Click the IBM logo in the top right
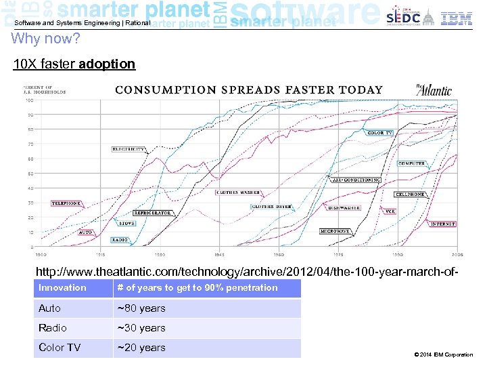[x=457, y=18]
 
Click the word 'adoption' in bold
[x=107, y=64]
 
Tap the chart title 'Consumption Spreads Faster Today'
[x=248, y=89]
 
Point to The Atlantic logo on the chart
[x=428, y=89]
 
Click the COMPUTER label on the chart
[x=411, y=163]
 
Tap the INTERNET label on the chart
[x=442, y=224]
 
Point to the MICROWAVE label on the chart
[x=334, y=231]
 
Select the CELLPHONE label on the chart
[x=410, y=194]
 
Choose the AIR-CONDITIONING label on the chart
[x=356, y=180]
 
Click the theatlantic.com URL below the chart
[x=251, y=271]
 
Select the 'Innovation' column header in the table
[x=62, y=287]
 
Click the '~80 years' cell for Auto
[x=141, y=308]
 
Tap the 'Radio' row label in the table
[x=53, y=328]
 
